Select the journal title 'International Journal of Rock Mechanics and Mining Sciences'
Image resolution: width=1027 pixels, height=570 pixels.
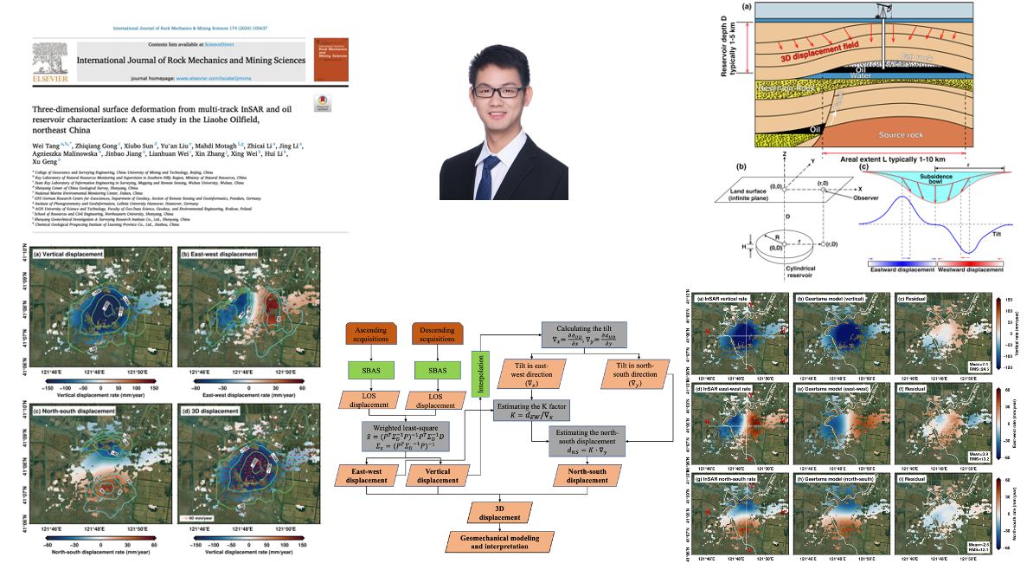click(190, 61)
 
